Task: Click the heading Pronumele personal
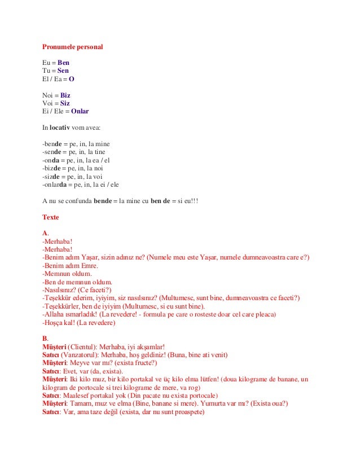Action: (x=72, y=47)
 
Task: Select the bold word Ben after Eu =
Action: (x=64, y=63)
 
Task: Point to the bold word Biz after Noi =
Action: (x=65, y=95)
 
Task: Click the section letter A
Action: (x=45, y=233)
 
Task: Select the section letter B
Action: (x=45, y=338)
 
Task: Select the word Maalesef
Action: (x=78, y=395)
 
